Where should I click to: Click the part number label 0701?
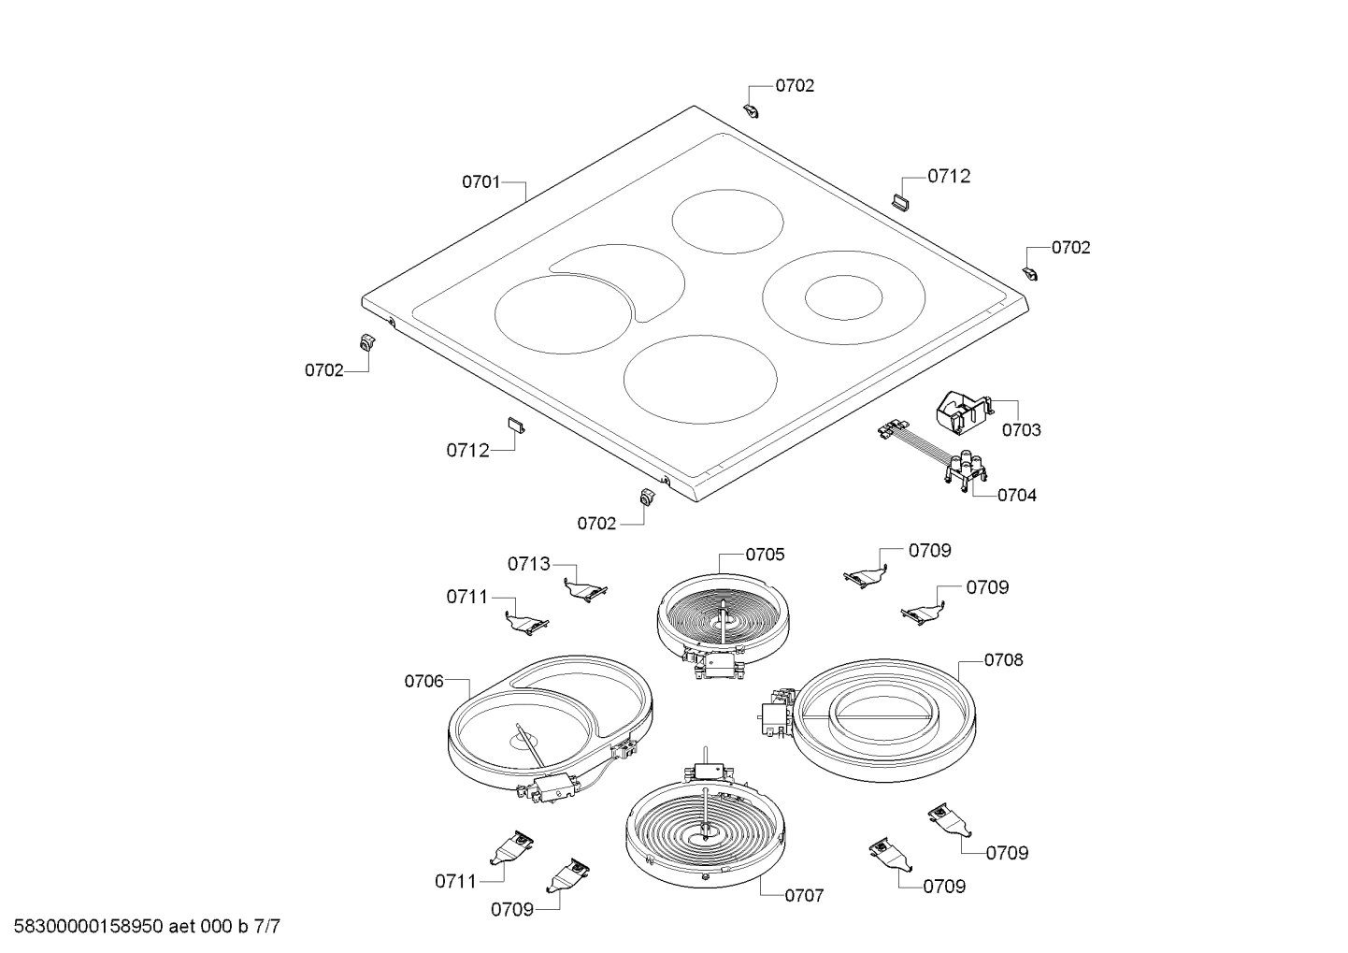click(x=480, y=182)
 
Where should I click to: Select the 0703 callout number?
click(x=1021, y=430)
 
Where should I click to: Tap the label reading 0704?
click(x=1016, y=496)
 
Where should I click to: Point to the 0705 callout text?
click(x=765, y=555)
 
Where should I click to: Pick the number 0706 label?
click(x=423, y=682)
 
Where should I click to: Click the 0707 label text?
click(x=804, y=896)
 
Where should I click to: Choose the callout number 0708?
click(x=1003, y=660)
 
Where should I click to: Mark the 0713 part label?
click(x=529, y=564)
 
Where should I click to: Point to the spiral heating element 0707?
click(x=704, y=828)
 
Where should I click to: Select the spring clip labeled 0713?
click(x=586, y=588)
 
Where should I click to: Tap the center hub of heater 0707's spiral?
click(x=704, y=830)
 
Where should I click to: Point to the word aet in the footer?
click(x=184, y=928)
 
